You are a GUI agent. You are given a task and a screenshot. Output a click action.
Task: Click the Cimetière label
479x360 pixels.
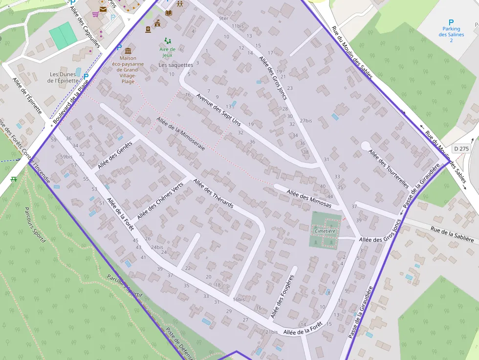click(x=326, y=231)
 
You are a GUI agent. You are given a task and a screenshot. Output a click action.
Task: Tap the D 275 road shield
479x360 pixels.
click(x=461, y=148)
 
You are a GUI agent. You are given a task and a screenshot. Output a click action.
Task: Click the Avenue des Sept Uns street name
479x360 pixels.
click(x=218, y=109)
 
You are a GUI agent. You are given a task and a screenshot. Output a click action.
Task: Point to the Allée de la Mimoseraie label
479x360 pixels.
click(x=181, y=133)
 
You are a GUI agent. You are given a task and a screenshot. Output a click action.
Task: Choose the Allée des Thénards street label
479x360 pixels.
click(x=213, y=194)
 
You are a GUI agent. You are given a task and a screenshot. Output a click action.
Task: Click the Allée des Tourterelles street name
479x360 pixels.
click(x=389, y=169)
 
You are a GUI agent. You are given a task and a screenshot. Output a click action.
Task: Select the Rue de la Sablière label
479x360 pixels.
click(x=452, y=234)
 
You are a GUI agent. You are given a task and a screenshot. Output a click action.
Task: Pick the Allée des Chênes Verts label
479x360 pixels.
click(x=160, y=200)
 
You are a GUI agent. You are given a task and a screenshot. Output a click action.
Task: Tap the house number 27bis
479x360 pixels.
click(x=306, y=120)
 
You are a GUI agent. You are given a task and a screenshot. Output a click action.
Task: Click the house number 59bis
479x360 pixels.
click(x=66, y=157)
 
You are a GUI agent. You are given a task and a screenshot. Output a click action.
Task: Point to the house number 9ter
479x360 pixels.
click(x=223, y=18)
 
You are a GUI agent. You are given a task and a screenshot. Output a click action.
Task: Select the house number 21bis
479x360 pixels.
click(x=271, y=332)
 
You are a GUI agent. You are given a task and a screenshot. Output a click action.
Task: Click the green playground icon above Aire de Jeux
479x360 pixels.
click(x=167, y=41)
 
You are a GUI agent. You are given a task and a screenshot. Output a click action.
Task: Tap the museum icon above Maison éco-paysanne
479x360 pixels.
click(x=128, y=51)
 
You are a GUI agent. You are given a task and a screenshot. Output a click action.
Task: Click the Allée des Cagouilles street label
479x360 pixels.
click(x=85, y=27)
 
